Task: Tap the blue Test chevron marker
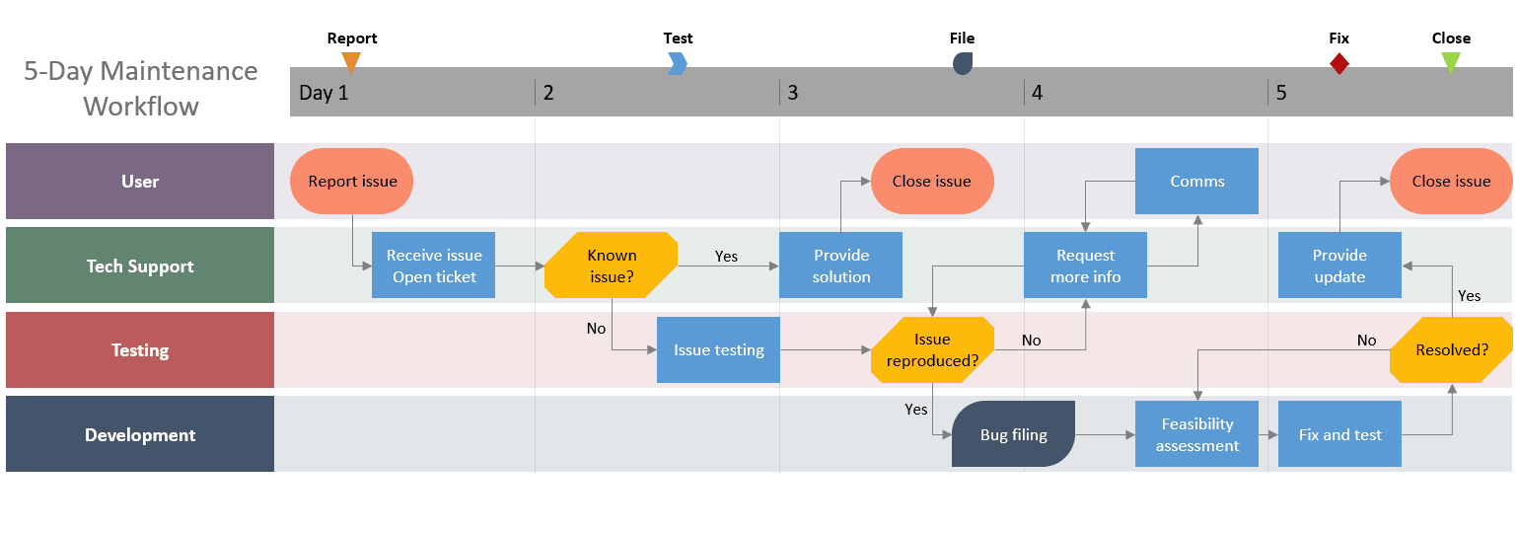click(x=678, y=63)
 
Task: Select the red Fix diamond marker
click(x=1338, y=63)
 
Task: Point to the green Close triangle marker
click(x=1451, y=62)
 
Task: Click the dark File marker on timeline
click(x=963, y=63)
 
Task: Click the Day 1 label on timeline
click(x=324, y=93)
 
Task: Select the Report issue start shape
click(x=351, y=181)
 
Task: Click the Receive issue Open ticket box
click(x=434, y=266)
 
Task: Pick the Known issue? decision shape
click(x=612, y=266)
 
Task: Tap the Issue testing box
click(x=718, y=349)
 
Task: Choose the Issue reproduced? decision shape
click(x=932, y=349)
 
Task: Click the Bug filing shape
click(x=1013, y=434)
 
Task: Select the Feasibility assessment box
click(x=1196, y=434)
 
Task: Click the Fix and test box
click(x=1339, y=434)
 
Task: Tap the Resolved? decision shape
click(x=1451, y=349)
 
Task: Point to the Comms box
click(x=1196, y=181)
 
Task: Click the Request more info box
click(x=1085, y=266)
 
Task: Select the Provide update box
click(x=1339, y=266)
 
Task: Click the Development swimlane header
click(x=140, y=434)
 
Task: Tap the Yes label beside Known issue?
click(x=726, y=257)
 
